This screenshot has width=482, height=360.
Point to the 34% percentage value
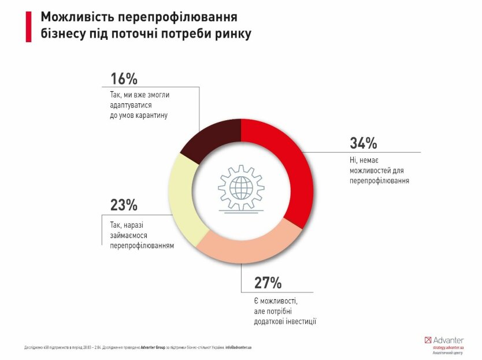pyautogui.click(x=364, y=143)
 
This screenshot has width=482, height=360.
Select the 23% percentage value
pyautogui.click(x=124, y=205)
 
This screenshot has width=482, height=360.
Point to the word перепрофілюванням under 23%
pyautogui.click(x=142, y=244)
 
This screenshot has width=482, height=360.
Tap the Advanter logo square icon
pyautogui.click(x=428, y=340)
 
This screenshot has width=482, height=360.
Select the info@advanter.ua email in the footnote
pyautogui.click(x=239, y=347)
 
